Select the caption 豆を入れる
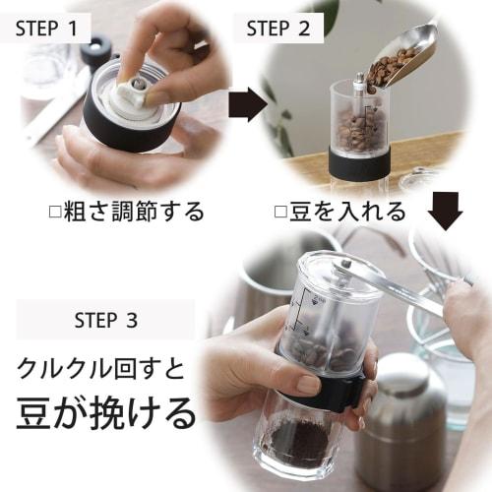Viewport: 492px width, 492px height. click(x=346, y=212)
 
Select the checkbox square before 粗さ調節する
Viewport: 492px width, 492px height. click(x=55, y=212)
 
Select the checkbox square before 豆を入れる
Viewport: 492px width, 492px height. click(x=280, y=212)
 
